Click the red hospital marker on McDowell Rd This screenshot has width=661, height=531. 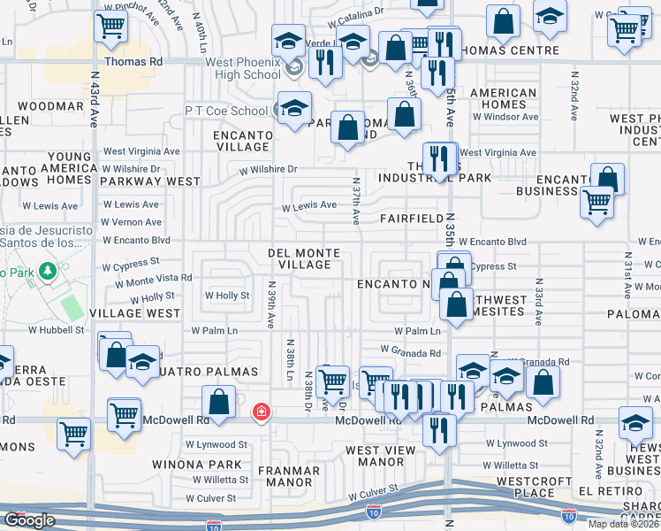coord(262,412)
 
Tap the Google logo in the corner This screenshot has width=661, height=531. coord(29,520)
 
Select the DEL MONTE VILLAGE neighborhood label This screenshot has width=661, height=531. coord(304,258)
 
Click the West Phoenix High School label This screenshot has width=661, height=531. coord(242,68)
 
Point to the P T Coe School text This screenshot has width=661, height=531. coord(225,112)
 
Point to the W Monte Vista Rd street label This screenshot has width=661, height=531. coord(148,278)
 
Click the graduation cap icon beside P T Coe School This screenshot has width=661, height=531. coord(295,108)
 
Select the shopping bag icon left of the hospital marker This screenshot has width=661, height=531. coord(218,402)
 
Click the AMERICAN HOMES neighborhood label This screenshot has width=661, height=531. coord(504,99)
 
